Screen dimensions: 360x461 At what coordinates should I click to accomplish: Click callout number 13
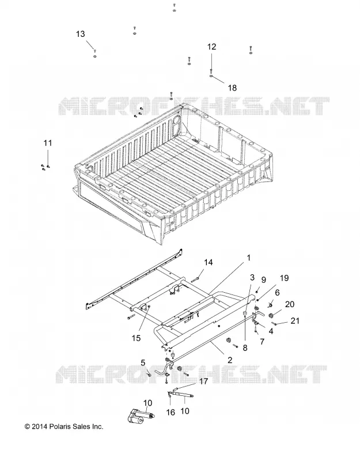click(80, 34)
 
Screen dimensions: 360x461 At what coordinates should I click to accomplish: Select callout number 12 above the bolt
click(211, 47)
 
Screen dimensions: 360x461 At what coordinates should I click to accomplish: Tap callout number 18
click(232, 88)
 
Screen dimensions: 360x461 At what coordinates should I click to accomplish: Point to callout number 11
click(48, 143)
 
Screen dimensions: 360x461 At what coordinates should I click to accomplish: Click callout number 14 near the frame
click(209, 262)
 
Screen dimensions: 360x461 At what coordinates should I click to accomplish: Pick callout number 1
click(249, 258)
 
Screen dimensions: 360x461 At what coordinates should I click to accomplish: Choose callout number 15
click(136, 338)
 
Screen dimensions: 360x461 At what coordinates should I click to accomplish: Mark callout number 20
click(290, 304)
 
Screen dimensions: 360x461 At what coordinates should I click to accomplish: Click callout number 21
click(295, 320)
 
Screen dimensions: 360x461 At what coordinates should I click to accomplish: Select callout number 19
click(284, 278)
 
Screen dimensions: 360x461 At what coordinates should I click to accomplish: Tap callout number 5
click(143, 362)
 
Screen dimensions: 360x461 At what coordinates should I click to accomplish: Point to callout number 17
click(203, 381)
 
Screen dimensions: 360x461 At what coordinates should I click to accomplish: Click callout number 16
click(170, 413)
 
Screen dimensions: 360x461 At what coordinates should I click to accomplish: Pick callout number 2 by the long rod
click(230, 360)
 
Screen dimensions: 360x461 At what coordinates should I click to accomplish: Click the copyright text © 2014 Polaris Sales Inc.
click(64, 426)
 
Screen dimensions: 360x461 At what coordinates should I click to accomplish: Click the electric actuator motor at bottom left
click(140, 416)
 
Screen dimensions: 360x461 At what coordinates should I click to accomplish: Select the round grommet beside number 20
click(271, 316)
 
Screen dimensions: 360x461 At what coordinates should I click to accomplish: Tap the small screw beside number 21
click(275, 324)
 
